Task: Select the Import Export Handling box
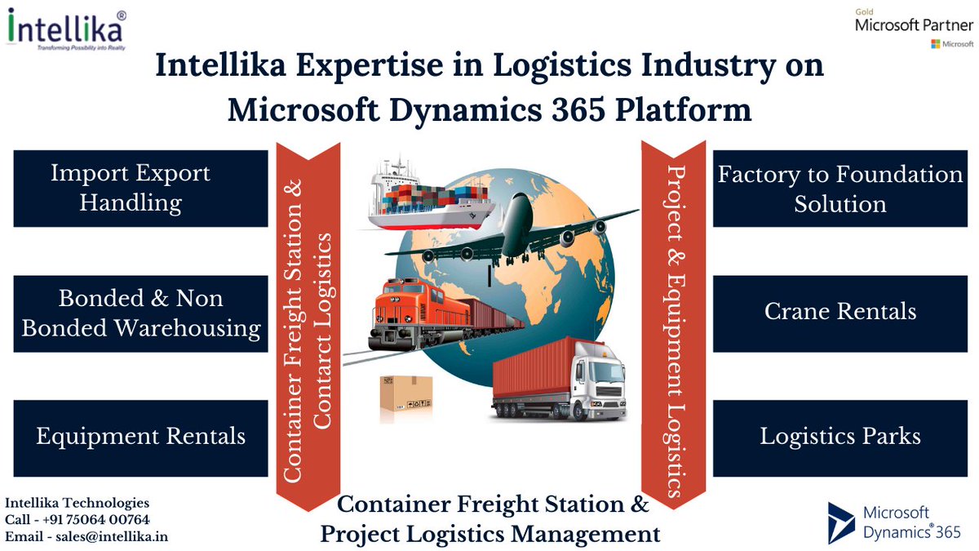[141, 188]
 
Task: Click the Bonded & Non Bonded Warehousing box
[141, 313]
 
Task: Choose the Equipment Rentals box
[141, 437]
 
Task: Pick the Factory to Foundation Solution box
[840, 188]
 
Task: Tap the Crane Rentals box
[840, 312]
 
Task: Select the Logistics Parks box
[840, 437]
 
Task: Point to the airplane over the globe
[522, 229]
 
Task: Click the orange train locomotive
[408, 310]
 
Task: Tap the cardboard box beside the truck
[405, 398]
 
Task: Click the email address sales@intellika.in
[88, 536]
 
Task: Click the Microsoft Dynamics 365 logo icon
[840, 522]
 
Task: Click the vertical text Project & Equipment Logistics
[674, 318]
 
